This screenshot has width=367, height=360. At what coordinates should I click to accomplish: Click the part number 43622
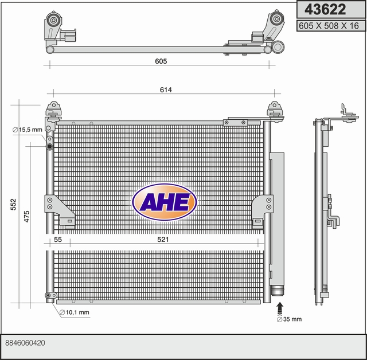(325, 9)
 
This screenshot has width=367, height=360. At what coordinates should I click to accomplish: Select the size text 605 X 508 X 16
(329, 26)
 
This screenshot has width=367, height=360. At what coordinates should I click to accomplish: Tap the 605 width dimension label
(161, 61)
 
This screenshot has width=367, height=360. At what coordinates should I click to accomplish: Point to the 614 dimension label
(166, 90)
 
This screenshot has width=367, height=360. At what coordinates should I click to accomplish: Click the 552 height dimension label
(14, 204)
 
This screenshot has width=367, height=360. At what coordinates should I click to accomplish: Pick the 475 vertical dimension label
(27, 216)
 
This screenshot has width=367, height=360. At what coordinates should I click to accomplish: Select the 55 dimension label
(58, 240)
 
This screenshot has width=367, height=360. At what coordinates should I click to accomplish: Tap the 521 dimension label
(163, 240)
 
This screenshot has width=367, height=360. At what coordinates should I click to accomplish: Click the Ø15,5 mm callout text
(28, 130)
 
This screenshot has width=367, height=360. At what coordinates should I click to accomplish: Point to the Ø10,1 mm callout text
(75, 312)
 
